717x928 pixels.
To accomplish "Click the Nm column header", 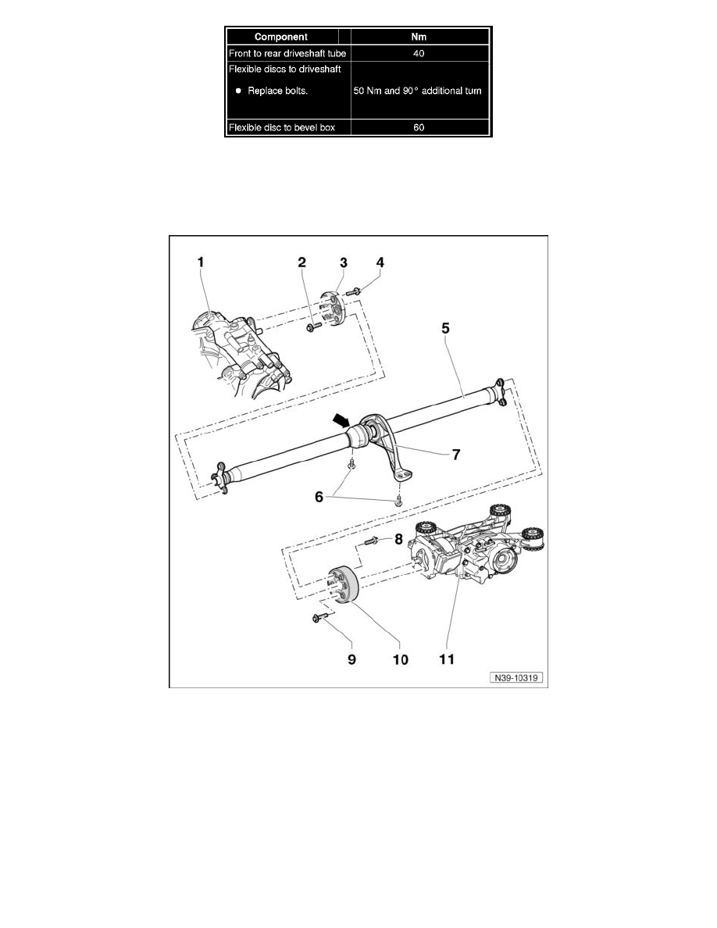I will pyautogui.click(x=419, y=36).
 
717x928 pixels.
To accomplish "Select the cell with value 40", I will pyautogui.click(x=419, y=53).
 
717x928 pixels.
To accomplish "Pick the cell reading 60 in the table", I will pyautogui.click(x=419, y=128).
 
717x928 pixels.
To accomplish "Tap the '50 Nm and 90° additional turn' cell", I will pyautogui.click(x=419, y=91).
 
